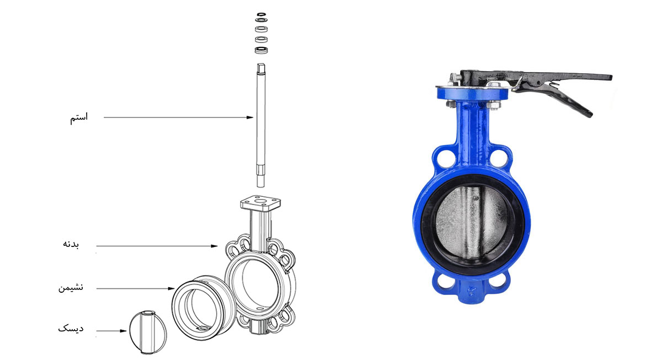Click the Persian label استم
79,117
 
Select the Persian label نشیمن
71,287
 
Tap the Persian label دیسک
71,329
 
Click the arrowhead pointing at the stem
250,117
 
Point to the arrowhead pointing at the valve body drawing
214,246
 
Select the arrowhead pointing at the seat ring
172,288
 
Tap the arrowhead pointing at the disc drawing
123,331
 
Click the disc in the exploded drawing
148,332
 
